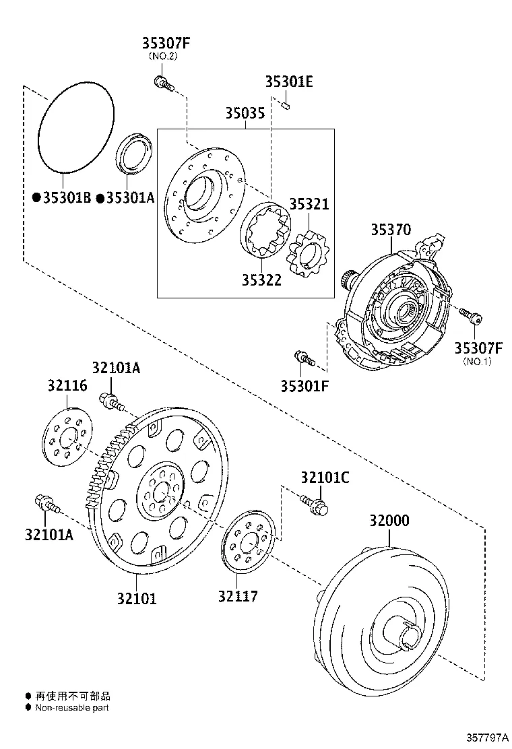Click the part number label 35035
(245, 112)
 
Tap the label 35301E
(288, 82)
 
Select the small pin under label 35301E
(286, 104)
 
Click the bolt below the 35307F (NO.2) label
(163, 84)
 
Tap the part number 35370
(390, 230)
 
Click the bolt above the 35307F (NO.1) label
(469, 314)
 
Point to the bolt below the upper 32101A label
(111, 401)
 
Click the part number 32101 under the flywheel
(136, 597)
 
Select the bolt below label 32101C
(314, 504)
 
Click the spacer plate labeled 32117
(249, 542)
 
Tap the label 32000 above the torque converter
(389, 521)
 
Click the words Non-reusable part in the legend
(72, 707)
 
